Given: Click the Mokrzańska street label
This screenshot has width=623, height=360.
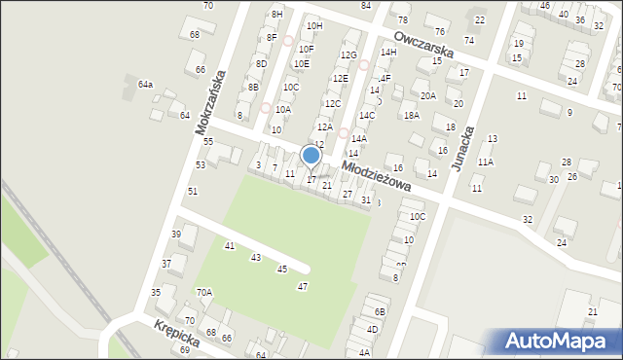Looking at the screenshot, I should click(210, 102).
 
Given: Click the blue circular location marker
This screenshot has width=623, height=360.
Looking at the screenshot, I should click(311, 156).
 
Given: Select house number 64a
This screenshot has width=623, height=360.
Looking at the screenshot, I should click(145, 85).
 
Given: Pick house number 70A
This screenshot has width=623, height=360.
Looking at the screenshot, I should click(203, 292).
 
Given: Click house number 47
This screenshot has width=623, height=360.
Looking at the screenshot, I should click(303, 286).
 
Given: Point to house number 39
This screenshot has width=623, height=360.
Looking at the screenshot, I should click(176, 234).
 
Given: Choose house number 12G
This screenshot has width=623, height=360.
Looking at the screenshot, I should click(348, 55).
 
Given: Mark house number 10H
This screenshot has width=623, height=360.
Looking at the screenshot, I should click(313, 25).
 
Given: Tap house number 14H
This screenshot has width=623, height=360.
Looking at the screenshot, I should click(388, 52).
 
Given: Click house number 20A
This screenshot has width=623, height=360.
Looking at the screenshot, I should click(428, 95).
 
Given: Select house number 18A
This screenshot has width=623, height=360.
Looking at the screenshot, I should click(412, 115).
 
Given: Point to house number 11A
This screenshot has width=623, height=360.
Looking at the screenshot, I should click(485, 162).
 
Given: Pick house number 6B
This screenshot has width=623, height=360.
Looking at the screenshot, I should click(381, 311).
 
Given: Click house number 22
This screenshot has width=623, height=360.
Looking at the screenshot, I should click(479, 19).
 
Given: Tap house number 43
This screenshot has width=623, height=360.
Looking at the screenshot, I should click(256, 258).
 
